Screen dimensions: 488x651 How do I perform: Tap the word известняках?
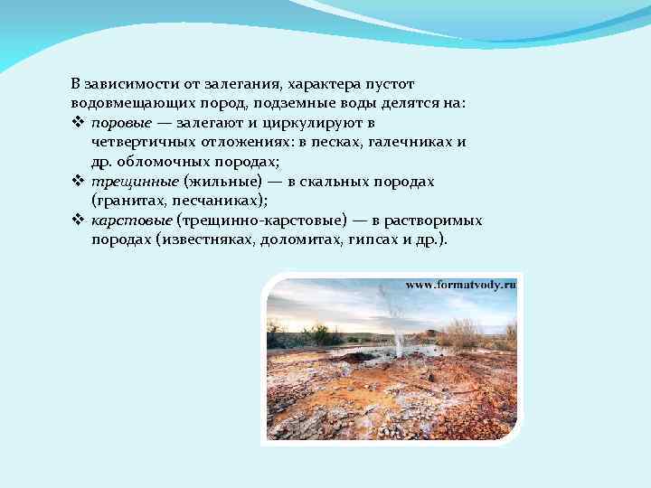tap(209, 241)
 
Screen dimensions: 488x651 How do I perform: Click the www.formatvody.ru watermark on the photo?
tap(460, 285)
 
